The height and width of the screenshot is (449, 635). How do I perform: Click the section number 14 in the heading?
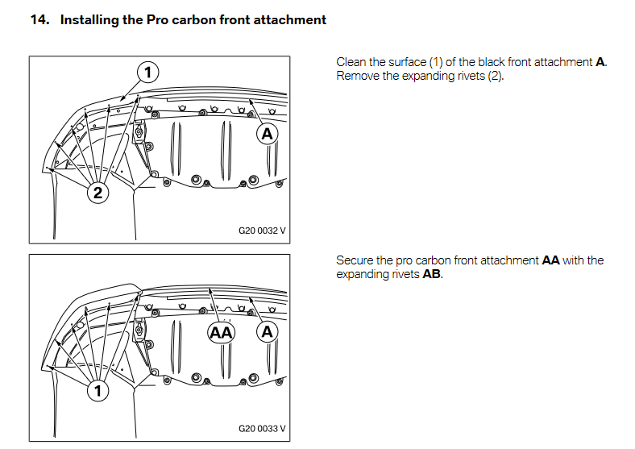click(39, 19)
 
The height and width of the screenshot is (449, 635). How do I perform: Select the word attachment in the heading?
click(290, 19)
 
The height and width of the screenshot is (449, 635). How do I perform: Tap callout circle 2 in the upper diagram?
click(98, 193)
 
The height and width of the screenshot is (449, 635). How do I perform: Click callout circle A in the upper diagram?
click(267, 134)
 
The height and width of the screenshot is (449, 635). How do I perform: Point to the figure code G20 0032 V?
click(262, 230)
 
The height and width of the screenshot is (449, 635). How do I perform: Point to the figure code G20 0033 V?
click(262, 428)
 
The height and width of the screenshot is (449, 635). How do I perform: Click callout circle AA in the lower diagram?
click(221, 332)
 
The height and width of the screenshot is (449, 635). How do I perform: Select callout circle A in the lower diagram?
click(267, 332)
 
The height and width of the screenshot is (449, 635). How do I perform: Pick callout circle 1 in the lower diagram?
click(98, 392)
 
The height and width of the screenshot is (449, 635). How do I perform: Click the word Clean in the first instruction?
click(351, 63)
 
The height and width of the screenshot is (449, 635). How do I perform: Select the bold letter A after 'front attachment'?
click(600, 63)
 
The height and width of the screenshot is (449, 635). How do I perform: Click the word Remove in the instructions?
click(357, 77)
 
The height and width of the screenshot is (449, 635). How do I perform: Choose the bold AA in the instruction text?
click(551, 260)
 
